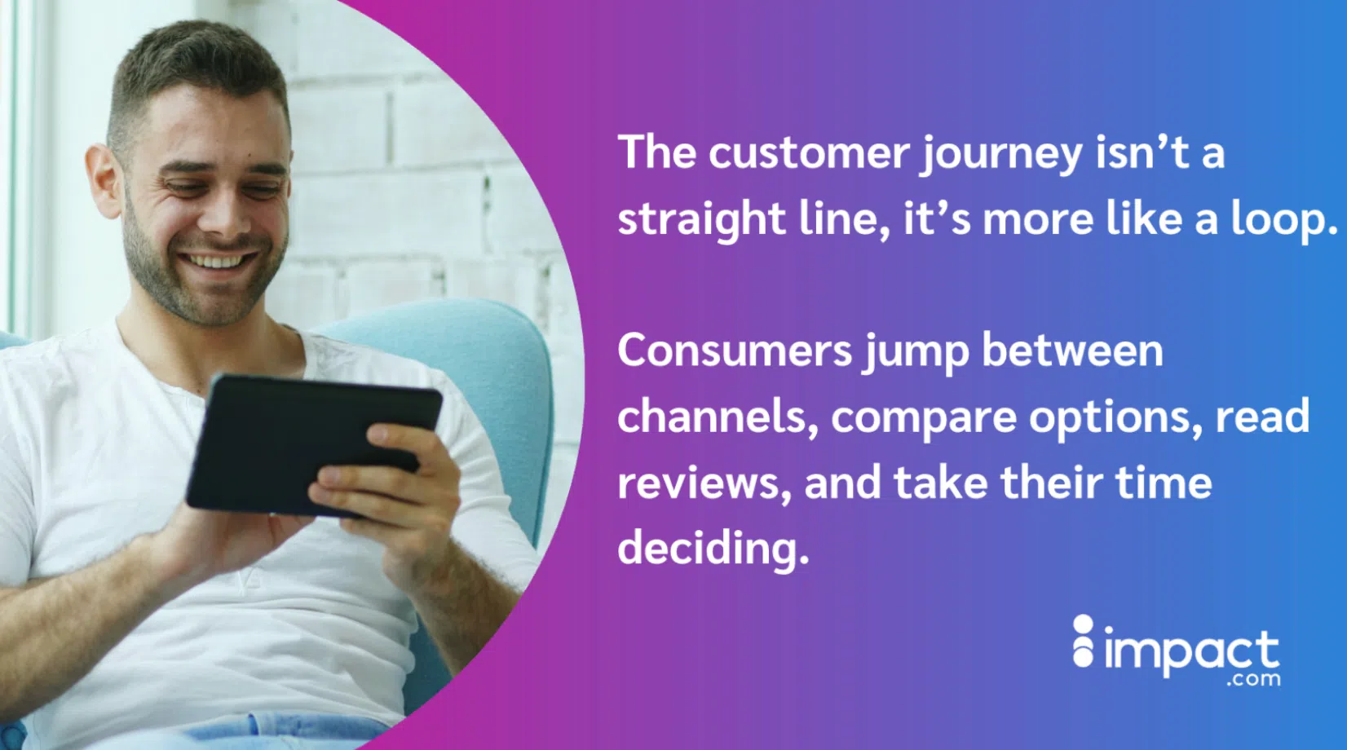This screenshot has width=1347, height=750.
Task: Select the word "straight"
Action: tap(700, 220)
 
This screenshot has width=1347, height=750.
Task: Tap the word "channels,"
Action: tap(718, 417)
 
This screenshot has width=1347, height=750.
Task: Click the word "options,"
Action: tap(1115, 418)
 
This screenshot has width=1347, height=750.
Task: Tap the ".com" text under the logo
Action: tap(1253, 679)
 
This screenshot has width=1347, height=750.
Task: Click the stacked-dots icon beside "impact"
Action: tap(1083, 642)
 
